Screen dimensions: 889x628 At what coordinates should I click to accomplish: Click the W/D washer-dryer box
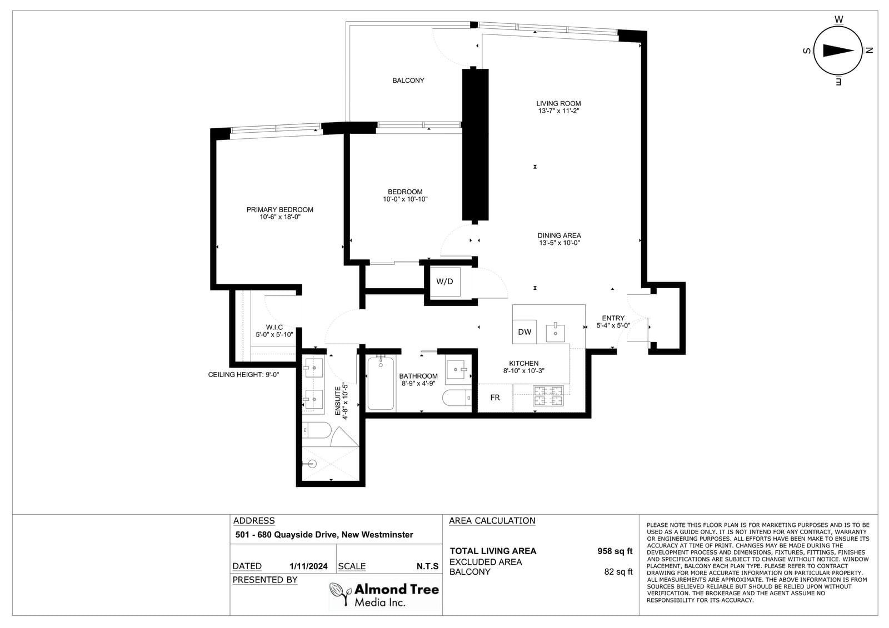point(445,282)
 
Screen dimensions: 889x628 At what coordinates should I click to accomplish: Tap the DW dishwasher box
point(525,332)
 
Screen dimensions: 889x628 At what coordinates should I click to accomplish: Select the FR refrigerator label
point(495,398)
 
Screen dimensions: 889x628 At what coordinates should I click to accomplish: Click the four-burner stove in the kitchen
point(548,396)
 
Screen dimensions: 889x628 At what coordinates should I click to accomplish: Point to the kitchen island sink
point(555,333)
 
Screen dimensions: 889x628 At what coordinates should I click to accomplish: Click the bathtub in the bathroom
point(381,383)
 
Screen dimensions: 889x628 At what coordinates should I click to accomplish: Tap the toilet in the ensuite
point(317,430)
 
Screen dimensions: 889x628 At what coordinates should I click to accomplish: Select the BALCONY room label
point(408,81)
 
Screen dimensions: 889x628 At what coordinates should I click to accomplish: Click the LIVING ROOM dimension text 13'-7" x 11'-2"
point(558,111)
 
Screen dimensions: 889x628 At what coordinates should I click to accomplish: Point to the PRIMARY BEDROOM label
point(280,210)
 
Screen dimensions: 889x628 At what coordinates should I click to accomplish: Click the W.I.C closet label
point(274,327)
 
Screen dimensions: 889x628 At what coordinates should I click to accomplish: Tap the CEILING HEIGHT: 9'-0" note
point(244,375)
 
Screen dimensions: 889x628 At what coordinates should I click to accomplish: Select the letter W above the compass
point(838,19)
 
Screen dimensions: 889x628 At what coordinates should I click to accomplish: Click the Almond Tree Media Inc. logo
point(384,595)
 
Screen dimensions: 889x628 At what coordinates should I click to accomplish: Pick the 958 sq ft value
point(615,551)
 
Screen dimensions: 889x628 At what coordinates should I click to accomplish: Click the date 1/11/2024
point(308,566)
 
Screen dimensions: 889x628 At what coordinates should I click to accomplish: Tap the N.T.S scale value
point(427,566)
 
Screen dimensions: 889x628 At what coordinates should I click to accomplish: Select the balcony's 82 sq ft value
point(618,572)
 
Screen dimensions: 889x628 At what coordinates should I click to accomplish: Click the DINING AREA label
point(559,235)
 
